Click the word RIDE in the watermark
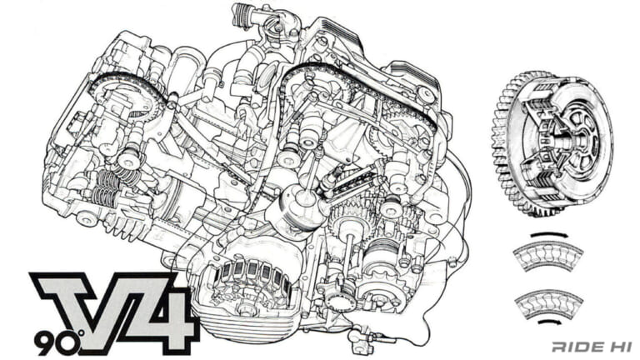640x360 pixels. click(x=576, y=345)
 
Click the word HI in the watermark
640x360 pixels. click(x=616, y=345)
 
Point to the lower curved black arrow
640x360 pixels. click(x=551, y=321)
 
